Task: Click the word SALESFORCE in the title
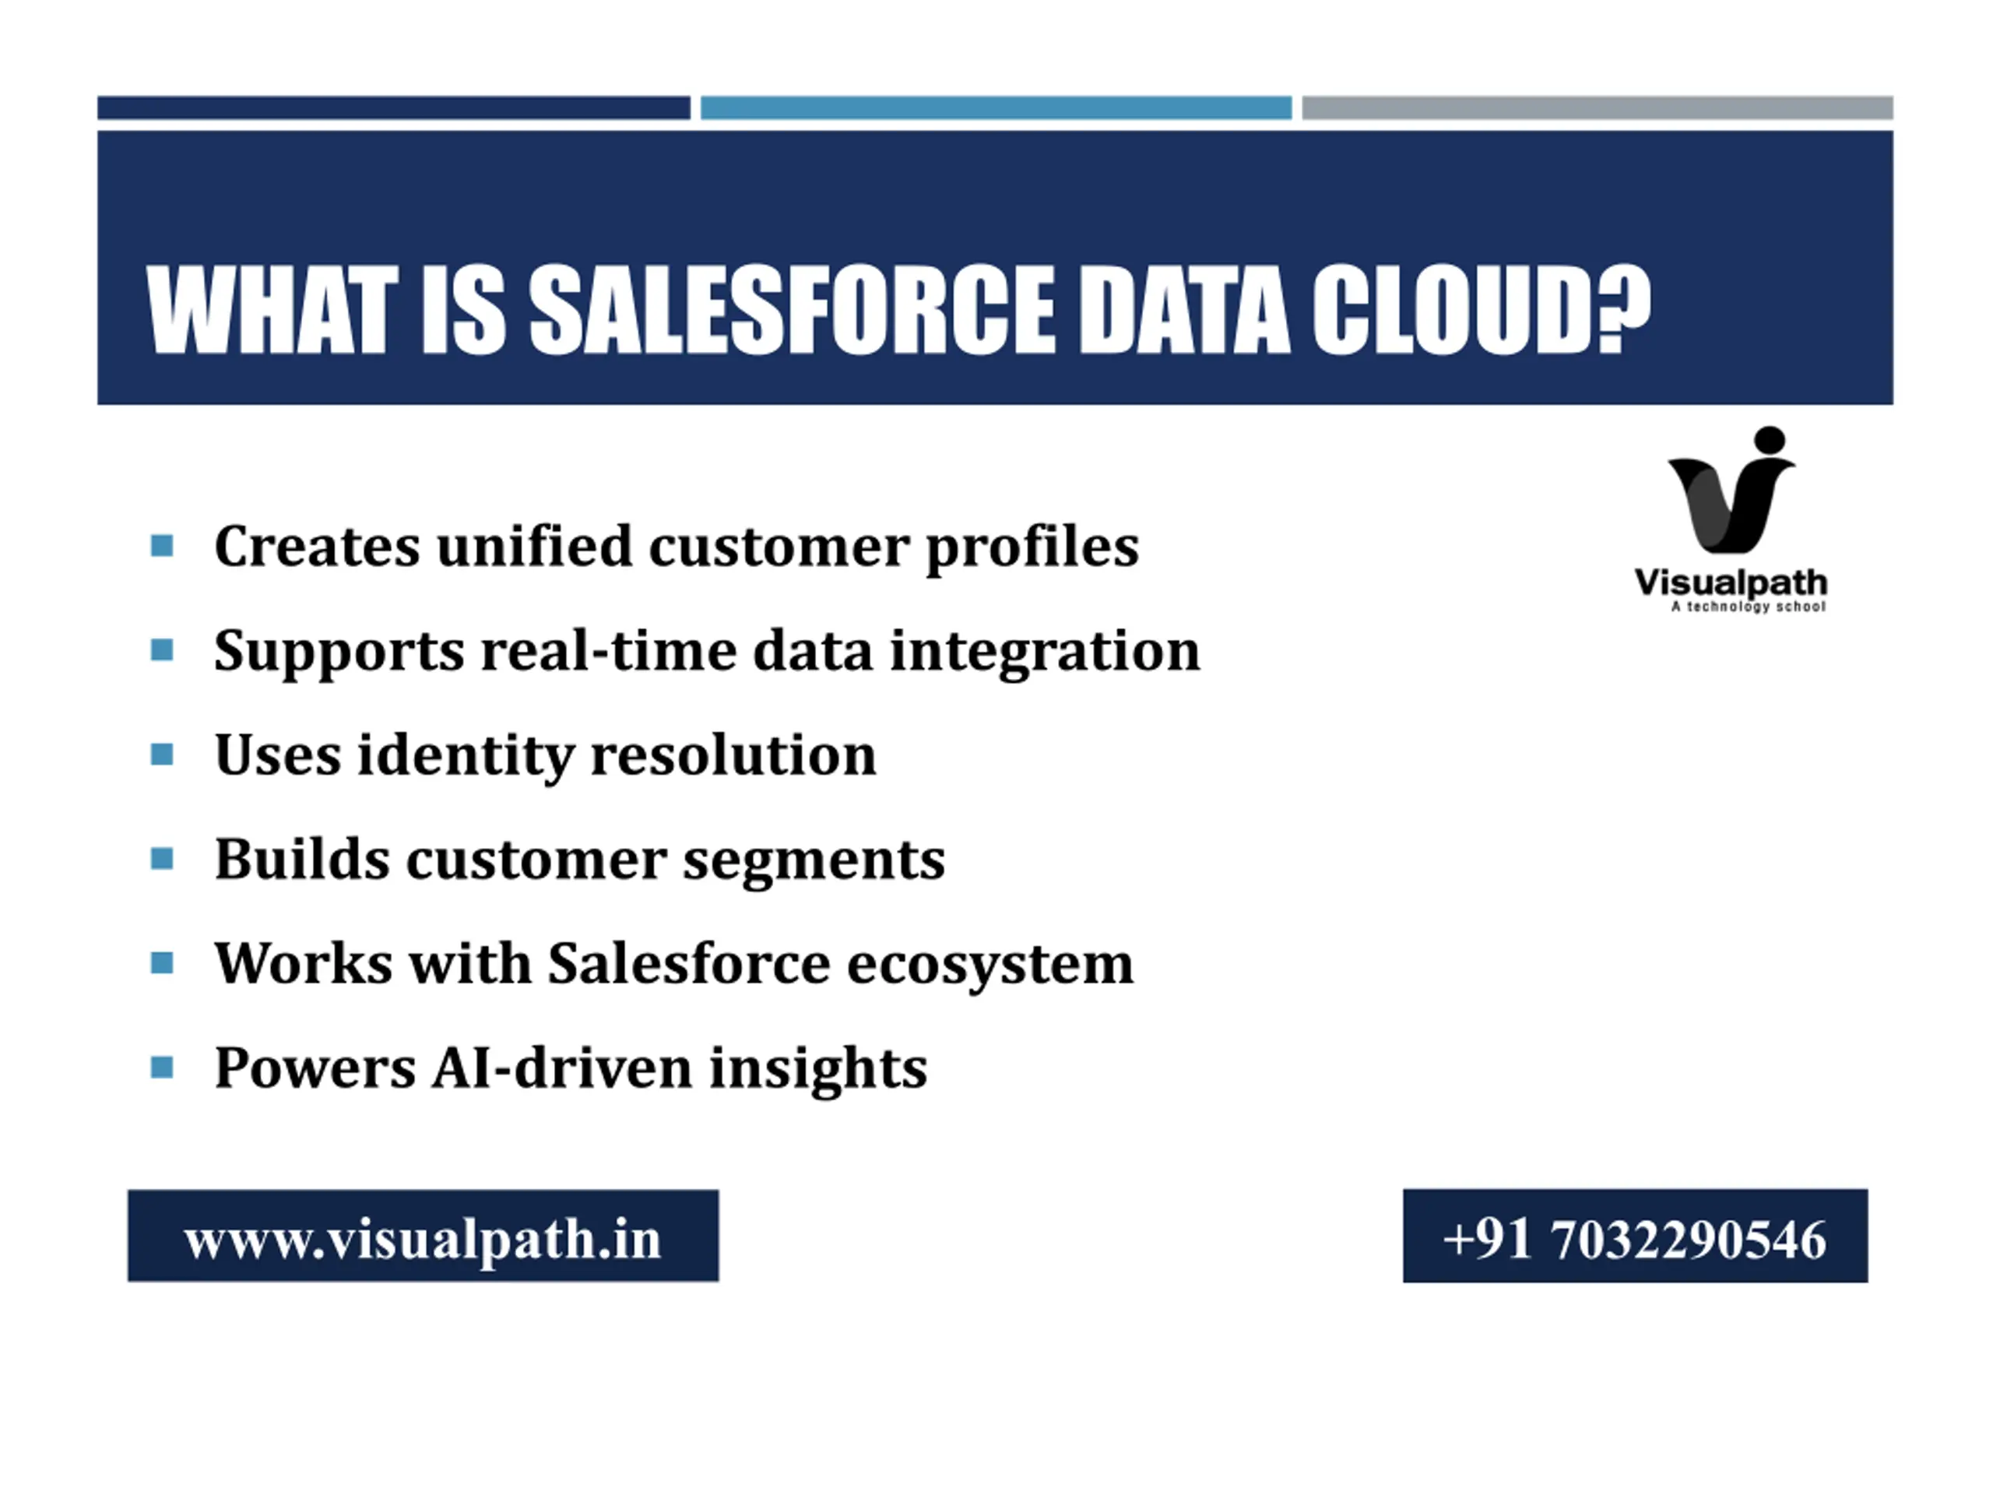(x=790, y=310)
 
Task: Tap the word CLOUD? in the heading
(x=1480, y=310)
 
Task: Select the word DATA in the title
(x=1182, y=310)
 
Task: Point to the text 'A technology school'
(x=1749, y=607)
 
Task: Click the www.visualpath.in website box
(x=423, y=1236)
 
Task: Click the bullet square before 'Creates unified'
(x=162, y=546)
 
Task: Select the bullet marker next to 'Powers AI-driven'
(x=162, y=1068)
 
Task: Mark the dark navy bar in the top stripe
(x=394, y=107)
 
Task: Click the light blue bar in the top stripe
(x=996, y=107)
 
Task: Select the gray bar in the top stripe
(x=1598, y=107)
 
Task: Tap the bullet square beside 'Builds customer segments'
(x=162, y=859)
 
